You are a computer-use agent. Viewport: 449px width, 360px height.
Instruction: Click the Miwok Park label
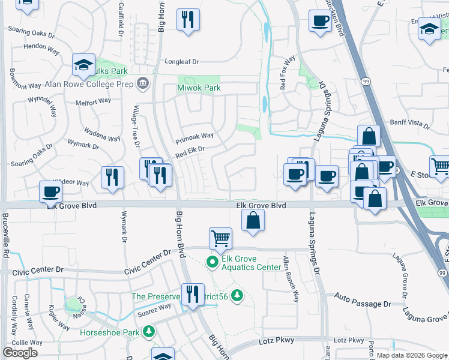[199, 88]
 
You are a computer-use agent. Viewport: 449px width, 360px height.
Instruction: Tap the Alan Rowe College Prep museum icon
[142, 83]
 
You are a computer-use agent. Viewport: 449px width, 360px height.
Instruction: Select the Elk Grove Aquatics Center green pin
[212, 262]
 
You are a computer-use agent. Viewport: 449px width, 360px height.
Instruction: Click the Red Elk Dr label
[190, 152]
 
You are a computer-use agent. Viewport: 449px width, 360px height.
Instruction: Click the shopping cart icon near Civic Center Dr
[220, 238]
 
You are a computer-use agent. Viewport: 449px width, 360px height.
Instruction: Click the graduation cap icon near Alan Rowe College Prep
[84, 65]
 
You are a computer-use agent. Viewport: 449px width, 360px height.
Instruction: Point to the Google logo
[20, 353]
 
